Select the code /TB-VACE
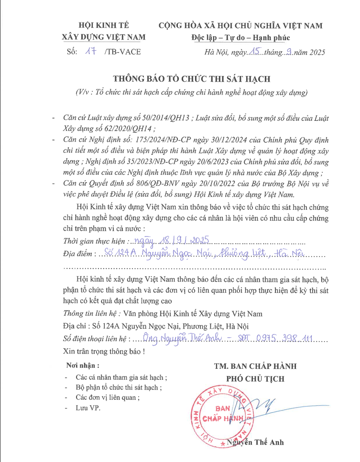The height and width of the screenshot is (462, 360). [x=122, y=52]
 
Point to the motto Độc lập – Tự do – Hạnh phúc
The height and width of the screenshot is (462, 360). [x=240, y=38]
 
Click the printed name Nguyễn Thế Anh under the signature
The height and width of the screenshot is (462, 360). [x=255, y=442]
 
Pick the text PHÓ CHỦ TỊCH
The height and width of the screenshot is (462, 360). [x=255, y=379]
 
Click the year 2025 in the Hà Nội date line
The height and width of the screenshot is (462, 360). [x=316, y=53]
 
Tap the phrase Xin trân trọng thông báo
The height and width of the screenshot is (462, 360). [x=102, y=352]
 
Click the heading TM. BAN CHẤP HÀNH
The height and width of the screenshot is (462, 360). [x=255, y=366]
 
